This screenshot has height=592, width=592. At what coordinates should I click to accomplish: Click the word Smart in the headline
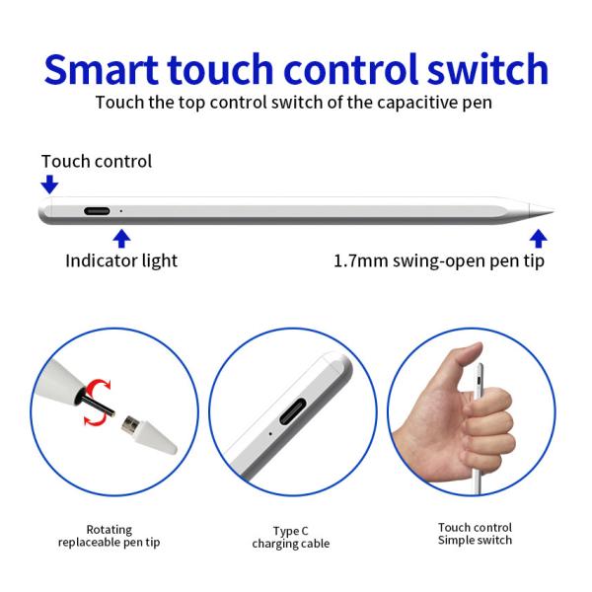pyautogui.click(x=102, y=69)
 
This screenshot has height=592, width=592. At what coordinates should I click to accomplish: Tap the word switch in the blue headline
pyautogui.click(x=487, y=69)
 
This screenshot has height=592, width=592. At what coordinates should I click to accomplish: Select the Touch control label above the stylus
pyautogui.click(x=97, y=161)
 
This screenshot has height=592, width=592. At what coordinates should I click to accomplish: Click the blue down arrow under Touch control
pyautogui.click(x=49, y=184)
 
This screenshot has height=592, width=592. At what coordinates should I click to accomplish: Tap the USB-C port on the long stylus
pyautogui.click(x=97, y=211)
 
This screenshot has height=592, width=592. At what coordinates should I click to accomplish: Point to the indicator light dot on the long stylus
pyautogui.click(x=120, y=211)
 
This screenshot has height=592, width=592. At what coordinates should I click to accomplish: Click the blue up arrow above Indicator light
pyautogui.click(x=121, y=239)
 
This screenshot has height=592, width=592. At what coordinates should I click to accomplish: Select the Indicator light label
pyautogui.click(x=121, y=260)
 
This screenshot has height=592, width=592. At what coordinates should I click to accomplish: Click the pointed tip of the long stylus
pyautogui.click(x=554, y=210)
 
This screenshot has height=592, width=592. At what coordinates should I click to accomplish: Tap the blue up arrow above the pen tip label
pyautogui.click(x=538, y=239)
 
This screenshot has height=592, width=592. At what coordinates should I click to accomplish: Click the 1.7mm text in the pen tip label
pyautogui.click(x=361, y=260)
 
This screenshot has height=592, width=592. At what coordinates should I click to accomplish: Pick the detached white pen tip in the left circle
pyautogui.click(x=149, y=434)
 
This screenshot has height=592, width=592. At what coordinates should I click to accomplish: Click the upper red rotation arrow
pyautogui.click(x=98, y=389)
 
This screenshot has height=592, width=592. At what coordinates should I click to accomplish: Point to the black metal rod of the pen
pyautogui.click(x=98, y=405)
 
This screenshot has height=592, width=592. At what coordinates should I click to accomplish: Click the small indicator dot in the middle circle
pyautogui.click(x=270, y=433)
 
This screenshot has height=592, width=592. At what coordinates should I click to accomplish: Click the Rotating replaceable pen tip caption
pyautogui.click(x=110, y=536)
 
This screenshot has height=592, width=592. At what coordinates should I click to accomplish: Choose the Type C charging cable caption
pyautogui.click(x=291, y=538)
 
